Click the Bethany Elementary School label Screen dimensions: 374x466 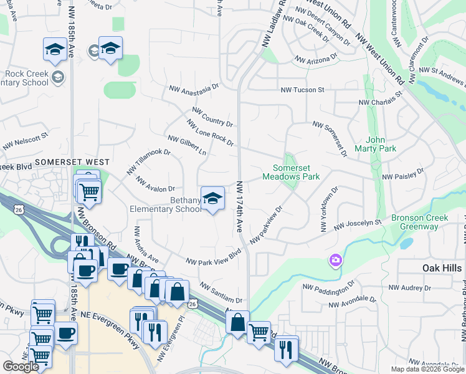(x=165, y=204)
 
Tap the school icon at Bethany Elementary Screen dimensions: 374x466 (x=212, y=198)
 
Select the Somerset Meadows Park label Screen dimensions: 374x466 (x=296, y=172)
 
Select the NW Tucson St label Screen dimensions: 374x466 (x=303, y=90)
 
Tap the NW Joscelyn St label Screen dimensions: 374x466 (x=357, y=224)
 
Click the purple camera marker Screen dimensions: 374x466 (x=335, y=260)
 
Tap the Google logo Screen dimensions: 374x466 (x=21, y=367)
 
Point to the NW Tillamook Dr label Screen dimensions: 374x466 (x=148, y=161)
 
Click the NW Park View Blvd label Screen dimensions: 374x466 (x=214, y=258)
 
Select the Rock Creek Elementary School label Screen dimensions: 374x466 (x=26, y=78)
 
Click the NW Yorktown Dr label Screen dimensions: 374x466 (x=330, y=209)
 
